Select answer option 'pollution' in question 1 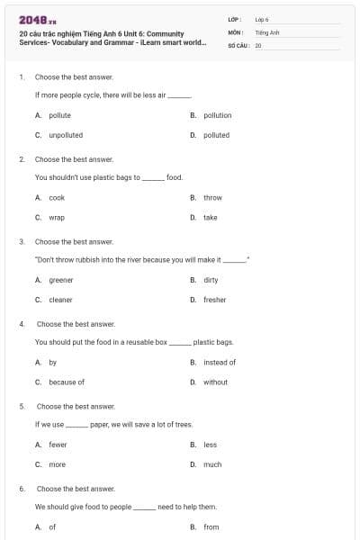[x=217, y=115]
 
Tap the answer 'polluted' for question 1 [x=216, y=135]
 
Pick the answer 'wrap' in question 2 [x=57, y=217]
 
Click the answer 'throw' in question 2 [x=212, y=197]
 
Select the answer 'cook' [x=57, y=197]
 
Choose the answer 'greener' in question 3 [x=61, y=280]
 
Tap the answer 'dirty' [x=211, y=280]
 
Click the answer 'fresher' [x=214, y=300]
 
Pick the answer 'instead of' [x=220, y=362]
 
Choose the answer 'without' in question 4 [x=215, y=382]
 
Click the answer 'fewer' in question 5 [x=58, y=445]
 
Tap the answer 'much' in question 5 [x=211, y=464]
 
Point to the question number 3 [x=21, y=241]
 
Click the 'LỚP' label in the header [x=234, y=18]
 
